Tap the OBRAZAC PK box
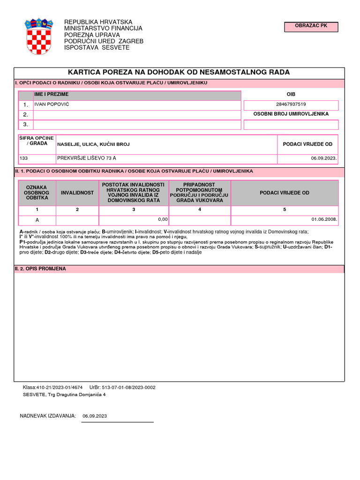tap(311, 27)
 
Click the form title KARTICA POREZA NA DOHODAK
tap(179, 72)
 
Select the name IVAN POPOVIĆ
tap(52, 104)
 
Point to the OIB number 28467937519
tap(291, 105)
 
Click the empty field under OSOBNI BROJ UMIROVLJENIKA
tap(291, 125)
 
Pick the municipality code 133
tap(24, 158)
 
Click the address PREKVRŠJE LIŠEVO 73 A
tap(87, 158)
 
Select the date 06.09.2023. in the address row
tap(323, 158)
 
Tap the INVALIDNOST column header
tap(77, 193)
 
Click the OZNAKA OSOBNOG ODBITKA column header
tap(37, 193)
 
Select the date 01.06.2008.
tap(324, 219)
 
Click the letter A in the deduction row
tap(37, 220)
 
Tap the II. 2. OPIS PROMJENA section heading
tap(40, 269)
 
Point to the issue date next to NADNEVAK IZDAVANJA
tap(95, 416)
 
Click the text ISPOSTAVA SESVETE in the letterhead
tap(97, 48)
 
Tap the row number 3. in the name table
tap(26, 125)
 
